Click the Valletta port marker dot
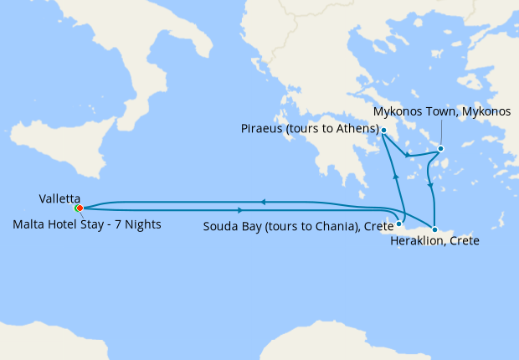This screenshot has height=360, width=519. pos(78,208)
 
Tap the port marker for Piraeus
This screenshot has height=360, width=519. pos(383,131)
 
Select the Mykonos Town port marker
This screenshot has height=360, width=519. pos(441,150)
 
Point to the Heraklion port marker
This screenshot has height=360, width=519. pos(434,229)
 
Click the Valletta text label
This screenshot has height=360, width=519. pos(59,198)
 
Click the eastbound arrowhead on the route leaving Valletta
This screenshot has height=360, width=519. pos(241,209)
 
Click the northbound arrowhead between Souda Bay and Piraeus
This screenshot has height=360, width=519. pos(395,175)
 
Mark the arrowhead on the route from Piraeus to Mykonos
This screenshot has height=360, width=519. pos(406,156)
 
